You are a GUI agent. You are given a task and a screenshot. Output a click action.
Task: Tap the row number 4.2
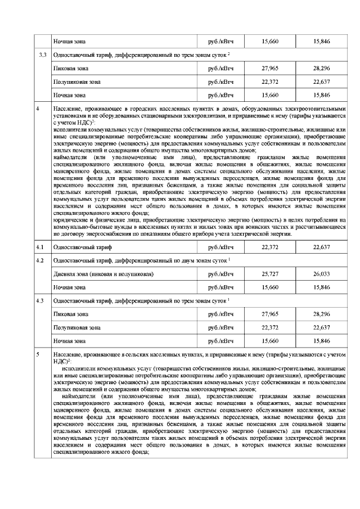[40, 260]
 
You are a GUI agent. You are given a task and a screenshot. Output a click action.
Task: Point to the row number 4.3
[40, 301]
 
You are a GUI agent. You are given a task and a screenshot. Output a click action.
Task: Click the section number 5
[38, 355]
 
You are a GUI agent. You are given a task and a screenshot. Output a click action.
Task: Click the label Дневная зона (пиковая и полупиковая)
[103, 274]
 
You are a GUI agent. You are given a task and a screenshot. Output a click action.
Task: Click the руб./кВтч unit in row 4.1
[220, 247]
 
